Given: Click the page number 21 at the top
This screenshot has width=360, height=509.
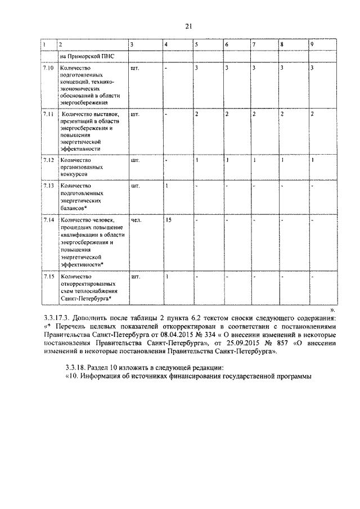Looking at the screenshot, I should tap(188, 25).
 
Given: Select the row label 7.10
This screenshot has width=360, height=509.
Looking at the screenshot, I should tap(48, 68).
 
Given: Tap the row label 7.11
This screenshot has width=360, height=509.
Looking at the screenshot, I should tap(48, 114).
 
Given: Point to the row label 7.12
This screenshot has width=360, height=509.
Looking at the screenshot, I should tap(48, 160).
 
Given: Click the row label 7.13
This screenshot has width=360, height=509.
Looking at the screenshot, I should tap(48, 184).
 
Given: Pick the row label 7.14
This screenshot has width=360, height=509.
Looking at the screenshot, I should tap(48, 220).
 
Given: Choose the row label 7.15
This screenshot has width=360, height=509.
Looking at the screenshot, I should tap(48, 276).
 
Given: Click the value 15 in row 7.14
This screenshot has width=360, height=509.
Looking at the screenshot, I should tap(168, 220).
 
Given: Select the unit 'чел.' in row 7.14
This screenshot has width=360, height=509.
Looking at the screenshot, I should tap(136, 220).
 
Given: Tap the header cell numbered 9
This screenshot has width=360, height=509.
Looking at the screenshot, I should tap(312, 44).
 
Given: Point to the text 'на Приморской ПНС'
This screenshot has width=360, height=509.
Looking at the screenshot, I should tap(85, 56).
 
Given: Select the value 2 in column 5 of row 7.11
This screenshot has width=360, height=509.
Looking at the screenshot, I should tap(197, 114).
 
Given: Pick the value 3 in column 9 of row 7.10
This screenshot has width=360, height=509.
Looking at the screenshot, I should tap(312, 68).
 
